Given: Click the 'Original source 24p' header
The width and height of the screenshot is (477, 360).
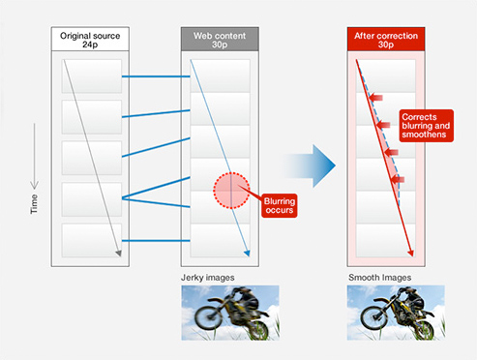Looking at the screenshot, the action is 90,40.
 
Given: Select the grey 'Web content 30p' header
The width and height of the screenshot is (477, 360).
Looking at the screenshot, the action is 220,40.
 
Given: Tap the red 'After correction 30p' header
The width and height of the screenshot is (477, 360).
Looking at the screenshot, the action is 386,40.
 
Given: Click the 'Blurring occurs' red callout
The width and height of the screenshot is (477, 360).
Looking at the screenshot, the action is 280,205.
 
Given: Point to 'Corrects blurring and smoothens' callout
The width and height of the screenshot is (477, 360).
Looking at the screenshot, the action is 427,126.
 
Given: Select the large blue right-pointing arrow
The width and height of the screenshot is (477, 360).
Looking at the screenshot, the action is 310,165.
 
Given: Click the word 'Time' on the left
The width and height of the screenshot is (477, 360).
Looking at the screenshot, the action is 34,204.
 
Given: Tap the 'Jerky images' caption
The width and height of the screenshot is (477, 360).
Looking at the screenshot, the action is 208,278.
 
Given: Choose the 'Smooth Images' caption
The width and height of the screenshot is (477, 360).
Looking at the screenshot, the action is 380,278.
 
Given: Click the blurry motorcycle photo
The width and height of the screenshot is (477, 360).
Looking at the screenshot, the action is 230,313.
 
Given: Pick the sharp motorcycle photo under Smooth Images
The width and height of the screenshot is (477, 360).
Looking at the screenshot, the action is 396,313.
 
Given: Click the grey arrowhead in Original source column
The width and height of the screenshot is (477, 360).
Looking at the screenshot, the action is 119,254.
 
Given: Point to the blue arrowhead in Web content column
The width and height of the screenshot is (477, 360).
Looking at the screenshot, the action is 247,254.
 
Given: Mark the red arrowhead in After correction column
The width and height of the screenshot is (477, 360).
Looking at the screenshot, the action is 410,254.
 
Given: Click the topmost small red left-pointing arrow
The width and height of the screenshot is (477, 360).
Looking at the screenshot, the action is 376,98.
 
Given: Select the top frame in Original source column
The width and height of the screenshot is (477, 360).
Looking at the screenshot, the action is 92,76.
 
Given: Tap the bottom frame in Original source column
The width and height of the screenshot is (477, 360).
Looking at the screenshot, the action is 92,240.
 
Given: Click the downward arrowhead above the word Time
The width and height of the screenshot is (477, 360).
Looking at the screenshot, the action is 34,185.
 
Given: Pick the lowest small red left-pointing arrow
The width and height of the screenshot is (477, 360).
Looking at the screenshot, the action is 398,180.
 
